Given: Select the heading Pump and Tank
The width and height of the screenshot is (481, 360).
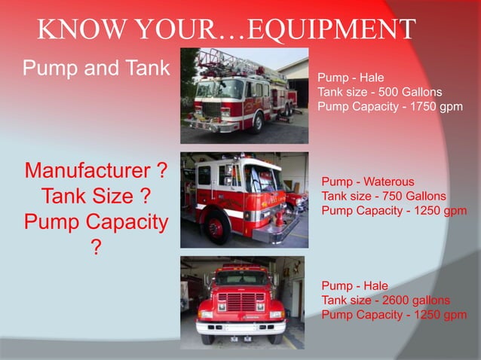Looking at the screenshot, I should [97, 68].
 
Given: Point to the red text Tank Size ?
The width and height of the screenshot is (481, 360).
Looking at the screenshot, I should [96, 197].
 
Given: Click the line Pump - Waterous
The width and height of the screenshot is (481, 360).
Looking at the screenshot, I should [367, 182].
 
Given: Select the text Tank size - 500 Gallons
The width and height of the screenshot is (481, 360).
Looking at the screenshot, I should [379, 92].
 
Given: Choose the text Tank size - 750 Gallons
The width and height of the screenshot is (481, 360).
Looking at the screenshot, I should [383, 196].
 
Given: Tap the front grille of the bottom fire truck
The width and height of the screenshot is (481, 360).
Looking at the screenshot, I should [241, 301].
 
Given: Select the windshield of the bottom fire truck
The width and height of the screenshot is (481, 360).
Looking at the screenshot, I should [241, 279].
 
